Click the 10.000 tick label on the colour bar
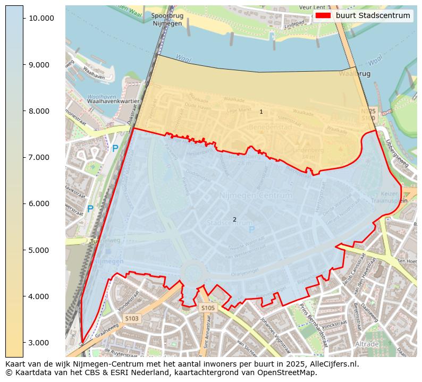41,18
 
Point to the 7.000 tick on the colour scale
41,157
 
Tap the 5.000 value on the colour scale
41,250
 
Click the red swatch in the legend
323,15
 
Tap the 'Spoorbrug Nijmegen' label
167,20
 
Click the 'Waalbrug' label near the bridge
355,74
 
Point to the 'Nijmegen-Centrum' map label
256,196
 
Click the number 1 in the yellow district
261,112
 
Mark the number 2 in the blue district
234,219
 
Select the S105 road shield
208,308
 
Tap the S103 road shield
131,318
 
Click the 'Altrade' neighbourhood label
366,344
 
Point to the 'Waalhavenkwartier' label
113,101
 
